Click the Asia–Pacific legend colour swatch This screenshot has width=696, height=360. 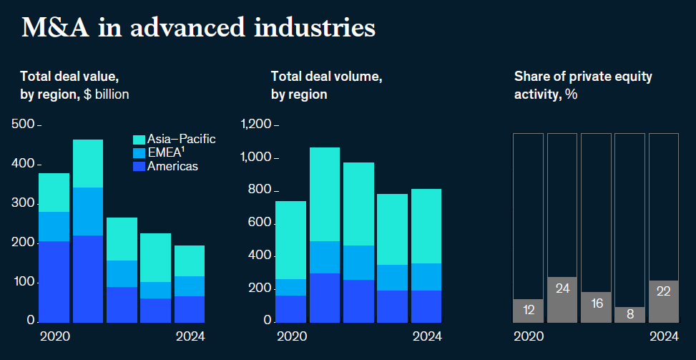139,140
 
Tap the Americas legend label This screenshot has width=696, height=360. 172,166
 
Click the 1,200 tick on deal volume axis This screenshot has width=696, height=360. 257,125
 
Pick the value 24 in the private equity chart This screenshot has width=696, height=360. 562,288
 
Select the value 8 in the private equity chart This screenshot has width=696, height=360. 630,313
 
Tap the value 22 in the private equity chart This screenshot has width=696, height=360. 664,291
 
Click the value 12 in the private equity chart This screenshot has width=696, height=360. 528,310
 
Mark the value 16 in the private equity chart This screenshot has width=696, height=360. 596,303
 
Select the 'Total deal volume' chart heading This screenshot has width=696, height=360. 326,77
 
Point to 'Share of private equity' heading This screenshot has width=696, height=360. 583,77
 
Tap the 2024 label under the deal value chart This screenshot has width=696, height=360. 190,336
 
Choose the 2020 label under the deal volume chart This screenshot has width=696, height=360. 290,336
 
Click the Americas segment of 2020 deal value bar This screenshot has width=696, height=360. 54,281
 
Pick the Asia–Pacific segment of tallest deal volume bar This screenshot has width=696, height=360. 324,194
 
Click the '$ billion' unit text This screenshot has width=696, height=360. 104,94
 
